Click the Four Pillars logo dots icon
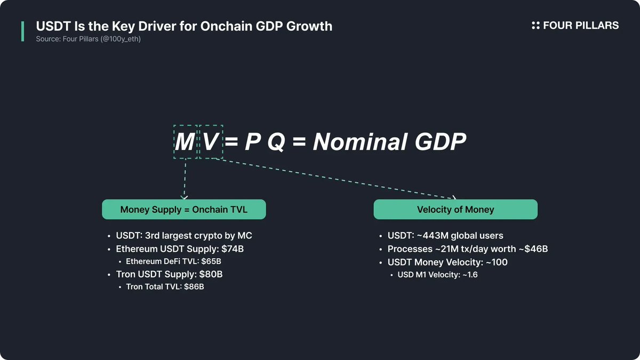pyautogui.click(x=535, y=26)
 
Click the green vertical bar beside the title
pyautogui.click(x=22, y=31)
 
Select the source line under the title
pyautogui.click(x=89, y=39)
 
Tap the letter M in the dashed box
pyautogui.click(x=185, y=142)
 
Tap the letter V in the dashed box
pyautogui.click(x=211, y=142)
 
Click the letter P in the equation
pyautogui.click(x=253, y=142)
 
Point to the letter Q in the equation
pyautogui.click(x=276, y=142)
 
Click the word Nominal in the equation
pyautogui.click(x=360, y=142)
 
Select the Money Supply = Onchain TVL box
pyautogui.click(x=184, y=210)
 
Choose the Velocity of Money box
pyautogui.click(x=455, y=210)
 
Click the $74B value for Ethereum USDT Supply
pyautogui.click(x=233, y=249)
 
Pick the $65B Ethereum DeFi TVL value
pyautogui.click(x=211, y=261)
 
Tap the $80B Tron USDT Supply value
pyautogui.click(x=211, y=274)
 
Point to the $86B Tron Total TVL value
pyautogui.click(x=194, y=286)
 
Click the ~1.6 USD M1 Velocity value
pyautogui.click(x=470, y=275)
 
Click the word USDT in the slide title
pyautogui.click(x=53, y=26)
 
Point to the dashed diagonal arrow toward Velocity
pyautogui.click(x=335, y=178)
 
